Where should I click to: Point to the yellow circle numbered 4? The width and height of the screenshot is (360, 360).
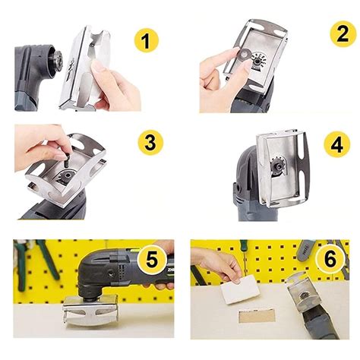(334, 144)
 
